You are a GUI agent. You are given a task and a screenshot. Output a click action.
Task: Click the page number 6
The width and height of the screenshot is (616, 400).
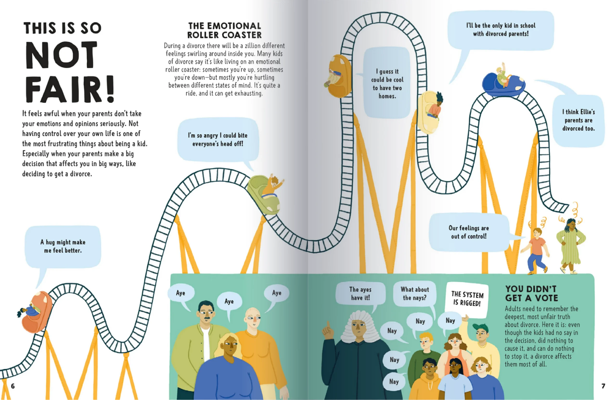click(13, 386)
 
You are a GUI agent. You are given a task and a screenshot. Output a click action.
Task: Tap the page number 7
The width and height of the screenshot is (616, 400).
click(603, 386)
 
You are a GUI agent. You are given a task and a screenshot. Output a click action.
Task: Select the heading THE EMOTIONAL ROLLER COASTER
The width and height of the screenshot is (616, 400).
click(225, 30)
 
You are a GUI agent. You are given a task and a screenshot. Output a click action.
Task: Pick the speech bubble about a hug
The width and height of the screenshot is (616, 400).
click(63, 246)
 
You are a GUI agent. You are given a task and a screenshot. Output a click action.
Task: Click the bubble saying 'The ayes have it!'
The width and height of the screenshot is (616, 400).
click(360, 294)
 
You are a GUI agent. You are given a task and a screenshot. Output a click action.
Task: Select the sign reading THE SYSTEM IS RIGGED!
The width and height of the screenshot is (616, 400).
click(467, 299)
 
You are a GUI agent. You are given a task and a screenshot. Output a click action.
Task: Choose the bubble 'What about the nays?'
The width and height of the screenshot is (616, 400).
click(415, 294)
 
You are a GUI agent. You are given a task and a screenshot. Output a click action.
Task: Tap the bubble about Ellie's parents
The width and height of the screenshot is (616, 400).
click(578, 120)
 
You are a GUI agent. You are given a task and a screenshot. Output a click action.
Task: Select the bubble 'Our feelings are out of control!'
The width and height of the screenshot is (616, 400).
click(469, 232)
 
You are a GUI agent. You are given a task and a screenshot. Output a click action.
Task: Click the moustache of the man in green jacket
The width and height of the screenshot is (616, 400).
click(206, 318)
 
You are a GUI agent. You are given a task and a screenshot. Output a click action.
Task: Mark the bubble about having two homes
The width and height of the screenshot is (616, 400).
click(387, 83)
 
